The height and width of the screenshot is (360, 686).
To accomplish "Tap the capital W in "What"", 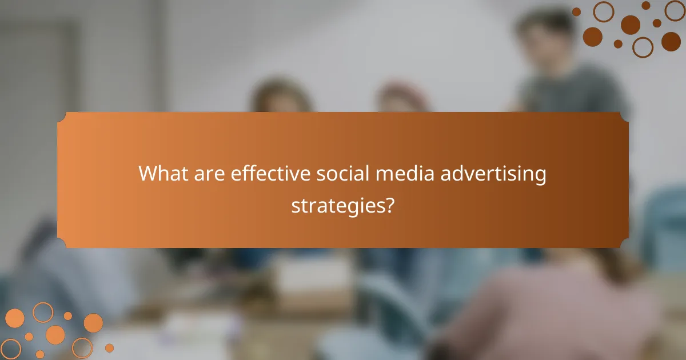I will [x=149, y=173].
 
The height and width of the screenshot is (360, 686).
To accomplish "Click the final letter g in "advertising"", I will [x=540, y=177].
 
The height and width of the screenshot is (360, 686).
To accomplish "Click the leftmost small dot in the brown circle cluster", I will [x=576, y=11].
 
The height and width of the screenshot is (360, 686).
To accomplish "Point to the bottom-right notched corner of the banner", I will [x=625, y=245].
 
